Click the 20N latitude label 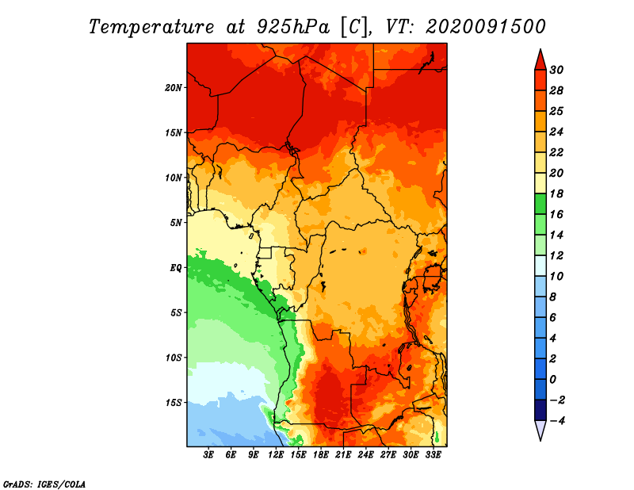click(x=174, y=88)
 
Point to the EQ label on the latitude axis click(x=175, y=268)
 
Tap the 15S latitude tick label click(x=174, y=403)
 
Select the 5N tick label click(x=176, y=223)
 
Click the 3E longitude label click(x=208, y=455)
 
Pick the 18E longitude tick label click(x=321, y=455)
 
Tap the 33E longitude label click(x=433, y=455)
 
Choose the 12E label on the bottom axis click(x=276, y=455)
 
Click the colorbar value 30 click(x=556, y=70)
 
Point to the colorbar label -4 click(x=557, y=421)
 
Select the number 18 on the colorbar click(x=556, y=193)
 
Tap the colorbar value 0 click(x=553, y=380)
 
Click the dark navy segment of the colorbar click(x=540, y=410)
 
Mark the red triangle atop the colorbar click(x=540, y=60)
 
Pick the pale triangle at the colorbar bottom click(x=540, y=431)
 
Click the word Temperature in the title click(x=151, y=27)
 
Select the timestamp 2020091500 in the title click(x=486, y=27)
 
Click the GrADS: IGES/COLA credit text click(x=44, y=484)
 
